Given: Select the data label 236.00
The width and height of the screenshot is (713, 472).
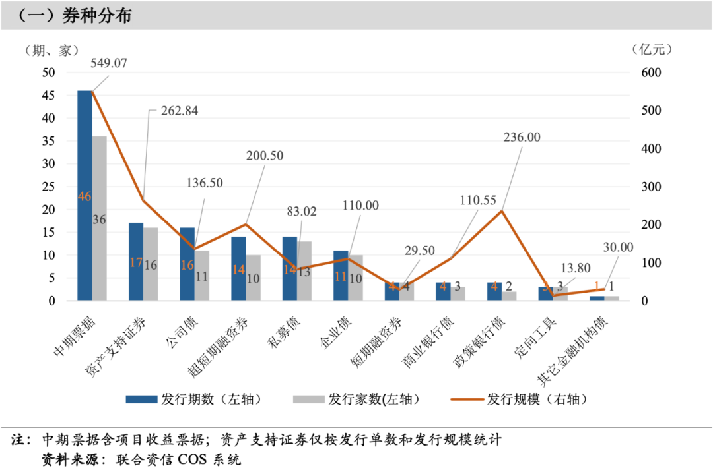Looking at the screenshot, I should [x=522, y=137].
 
